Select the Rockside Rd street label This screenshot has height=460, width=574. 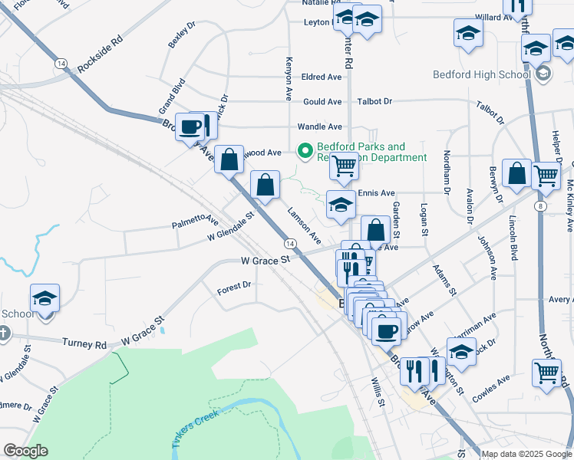click(99, 55)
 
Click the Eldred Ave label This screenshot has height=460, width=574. click(322, 77)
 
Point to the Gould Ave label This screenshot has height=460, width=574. click(322, 102)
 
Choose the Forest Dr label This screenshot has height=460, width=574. click(234, 284)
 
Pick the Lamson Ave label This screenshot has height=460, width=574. click(304, 226)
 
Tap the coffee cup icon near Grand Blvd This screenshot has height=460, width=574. click(189, 127)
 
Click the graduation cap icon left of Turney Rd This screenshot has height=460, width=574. click(45, 297)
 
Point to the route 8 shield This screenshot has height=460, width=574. click(541, 206)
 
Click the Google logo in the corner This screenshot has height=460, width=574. click(25, 451)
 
